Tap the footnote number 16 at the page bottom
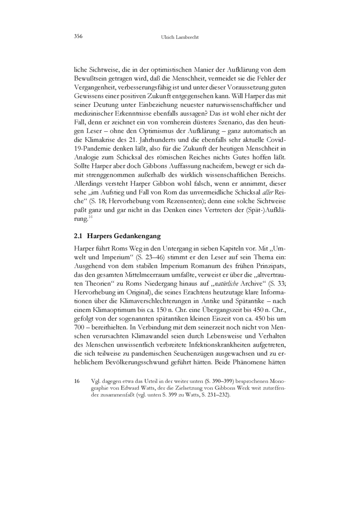77,381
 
